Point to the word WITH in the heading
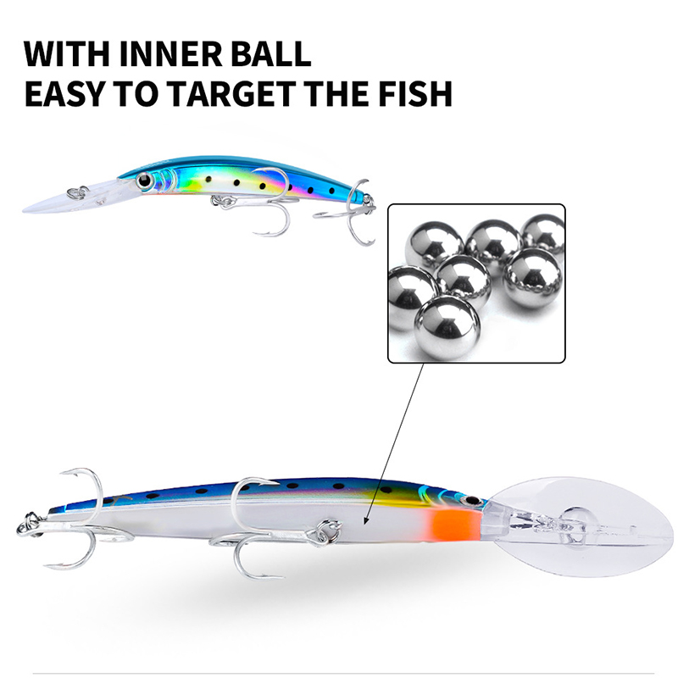coord(67,54)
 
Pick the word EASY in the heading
coord(65,93)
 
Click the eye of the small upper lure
coord(143,180)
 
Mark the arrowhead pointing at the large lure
coord(367,519)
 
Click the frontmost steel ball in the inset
coord(447,327)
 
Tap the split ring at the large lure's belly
coord(328,531)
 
